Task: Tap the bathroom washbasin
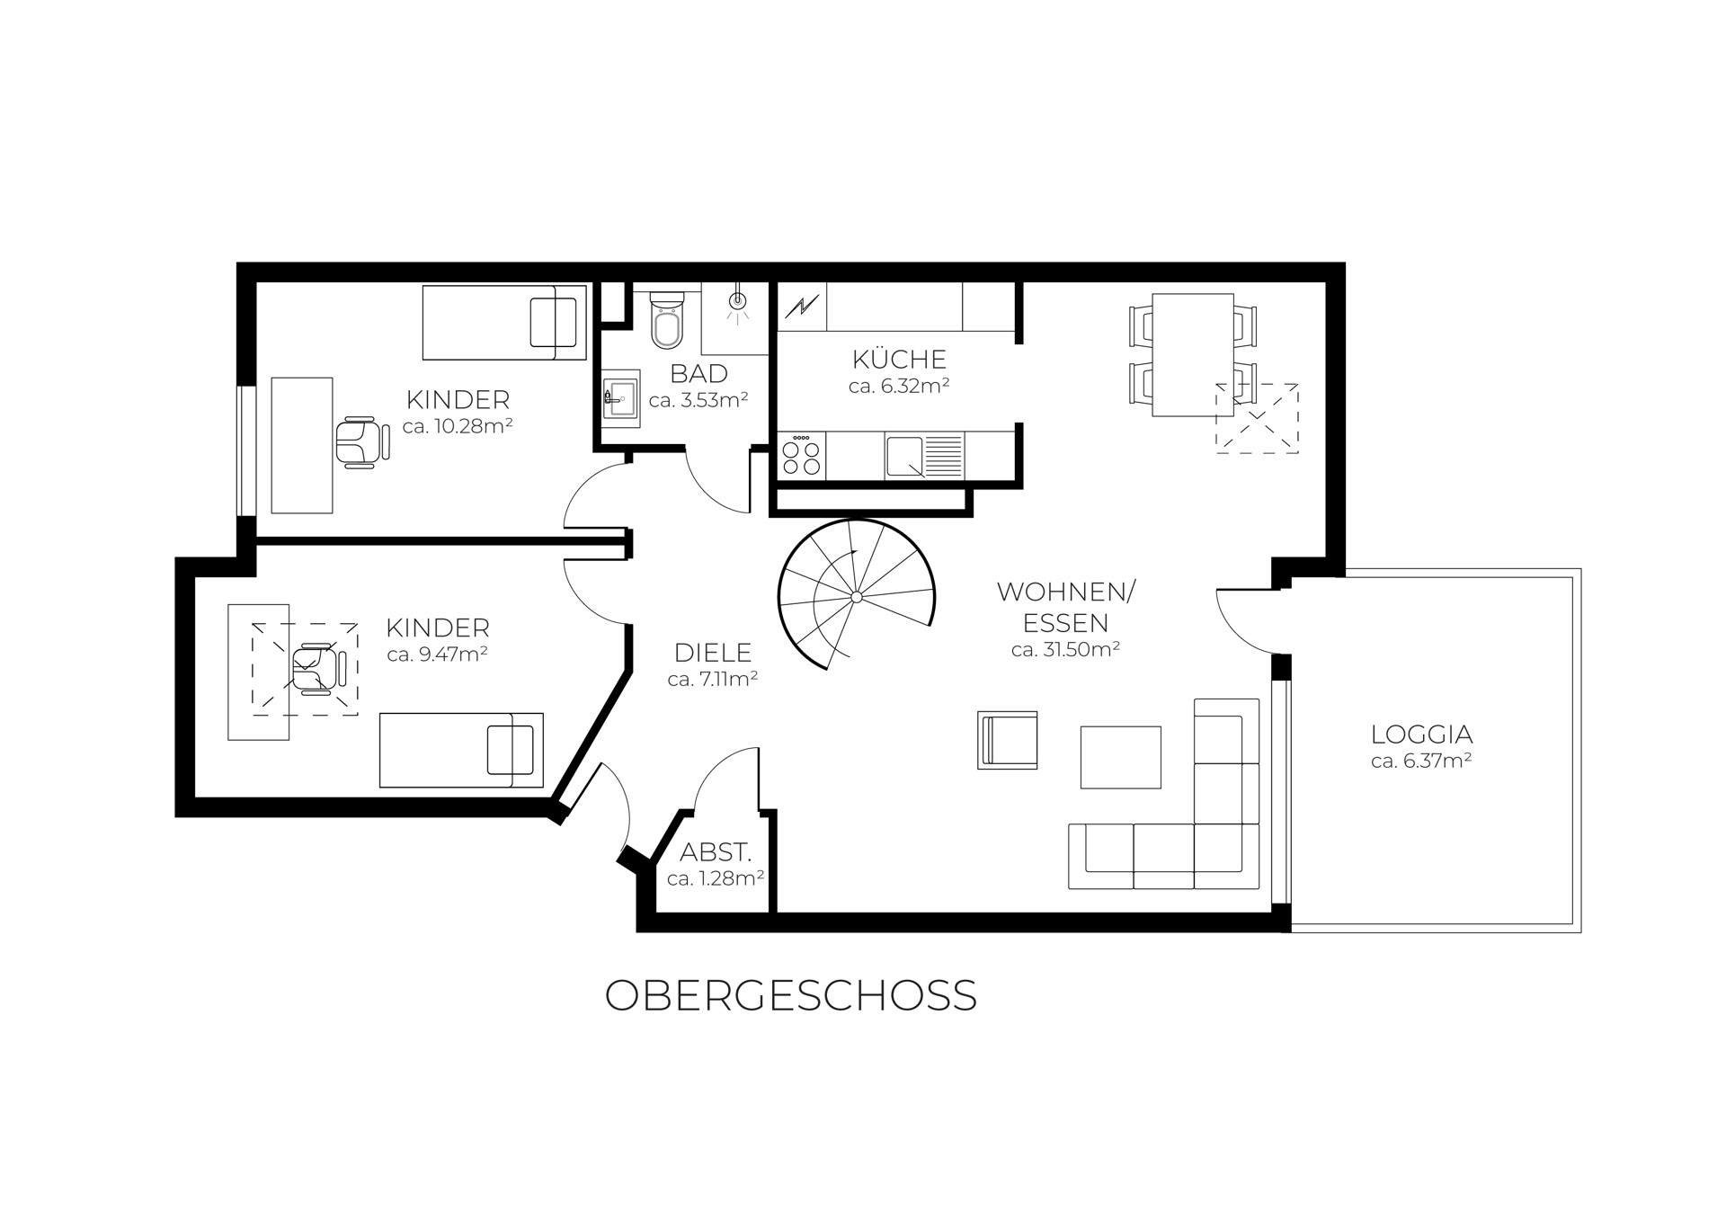click(x=620, y=397)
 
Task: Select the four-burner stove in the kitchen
click(x=802, y=455)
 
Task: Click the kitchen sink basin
click(x=905, y=457)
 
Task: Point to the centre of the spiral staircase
click(x=856, y=597)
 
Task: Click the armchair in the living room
click(x=1008, y=740)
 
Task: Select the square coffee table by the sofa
click(x=1120, y=758)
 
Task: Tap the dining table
click(x=1193, y=354)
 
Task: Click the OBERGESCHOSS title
click(x=791, y=996)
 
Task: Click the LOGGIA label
click(x=1421, y=735)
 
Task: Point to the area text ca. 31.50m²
click(x=1065, y=649)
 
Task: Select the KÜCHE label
click(x=899, y=360)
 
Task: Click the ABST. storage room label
click(x=716, y=852)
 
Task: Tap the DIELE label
click(x=713, y=653)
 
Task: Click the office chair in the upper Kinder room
click(x=362, y=442)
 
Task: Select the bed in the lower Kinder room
click(x=461, y=750)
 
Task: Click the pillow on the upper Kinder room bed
click(x=553, y=322)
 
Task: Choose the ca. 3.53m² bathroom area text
click(x=699, y=401)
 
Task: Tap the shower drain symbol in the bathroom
click(x=737, y=300)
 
